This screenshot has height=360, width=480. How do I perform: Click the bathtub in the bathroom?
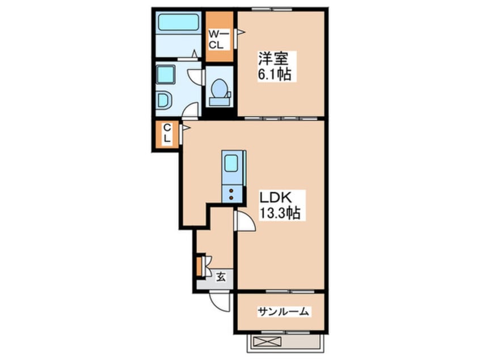pyautogui.click(x=179, y=22)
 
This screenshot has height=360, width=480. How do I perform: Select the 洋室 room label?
pyautogui.click(x=273, y=58)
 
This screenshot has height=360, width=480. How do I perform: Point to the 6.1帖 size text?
pyautogui.click(x=275, y=74)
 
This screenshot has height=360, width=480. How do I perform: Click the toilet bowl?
pyautogui.click(x=219, y=88)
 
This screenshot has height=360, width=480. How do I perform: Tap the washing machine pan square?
pyautogui.click(x=166, y=74)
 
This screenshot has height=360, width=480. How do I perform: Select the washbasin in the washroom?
pyautogui.click(x=164, y=101)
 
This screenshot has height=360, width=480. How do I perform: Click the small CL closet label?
pyautogui.click(x=167, y=133)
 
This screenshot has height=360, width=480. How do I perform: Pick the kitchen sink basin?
pyautogui.click(x=231, y=164)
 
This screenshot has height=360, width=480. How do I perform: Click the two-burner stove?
pyautogui.click(x=231, y=194)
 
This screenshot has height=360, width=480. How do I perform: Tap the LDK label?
pyautogui.click(x=275, y=198)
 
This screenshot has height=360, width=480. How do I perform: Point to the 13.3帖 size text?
pyautogui.click(x=280, y=212)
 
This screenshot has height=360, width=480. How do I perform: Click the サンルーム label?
pyautogui.click(x=283, y=312)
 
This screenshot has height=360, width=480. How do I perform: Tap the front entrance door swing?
pyautogui.click(x=220, y=302)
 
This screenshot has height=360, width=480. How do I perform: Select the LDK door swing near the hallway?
pyautogui.click(x=245, y=220)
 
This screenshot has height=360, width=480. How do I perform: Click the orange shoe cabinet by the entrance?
pyautogui.click(x=199, y=266)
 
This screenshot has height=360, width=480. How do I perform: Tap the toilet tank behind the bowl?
pyautogui.click(x=220, y=101)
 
